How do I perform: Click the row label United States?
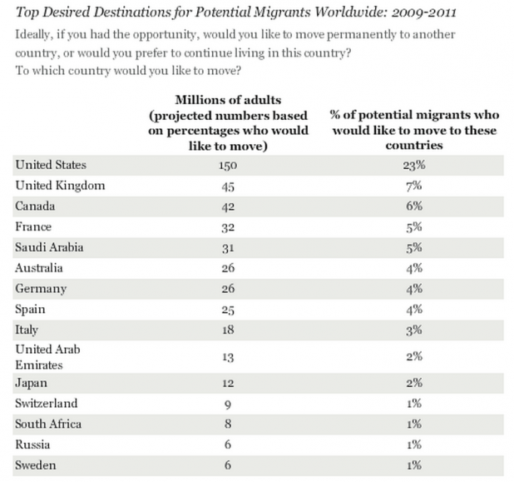pos(51,165)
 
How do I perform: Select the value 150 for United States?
pos(228,165)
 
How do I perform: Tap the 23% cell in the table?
pos(414,165)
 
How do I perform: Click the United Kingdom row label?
pos(60,186)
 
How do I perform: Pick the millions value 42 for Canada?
pos(228,206)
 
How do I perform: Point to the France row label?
pos(33,226)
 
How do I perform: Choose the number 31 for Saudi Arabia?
pos(228,248)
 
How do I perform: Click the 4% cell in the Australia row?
pos(414,268)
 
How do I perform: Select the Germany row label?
pos(41,289)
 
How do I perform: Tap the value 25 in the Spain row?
pos(228,310)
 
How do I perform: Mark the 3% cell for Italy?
pos(414,330)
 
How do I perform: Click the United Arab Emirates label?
pos(47,357)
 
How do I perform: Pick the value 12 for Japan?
pos(228,383)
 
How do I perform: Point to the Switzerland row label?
pos(47,403)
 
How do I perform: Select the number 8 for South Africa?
pos(228,424)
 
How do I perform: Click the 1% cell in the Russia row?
pos(414,445)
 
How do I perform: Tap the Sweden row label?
pos(36,465)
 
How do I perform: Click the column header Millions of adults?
pos(228,100)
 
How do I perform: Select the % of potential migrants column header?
pos(414,130)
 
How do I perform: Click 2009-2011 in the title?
pos(423,12)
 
